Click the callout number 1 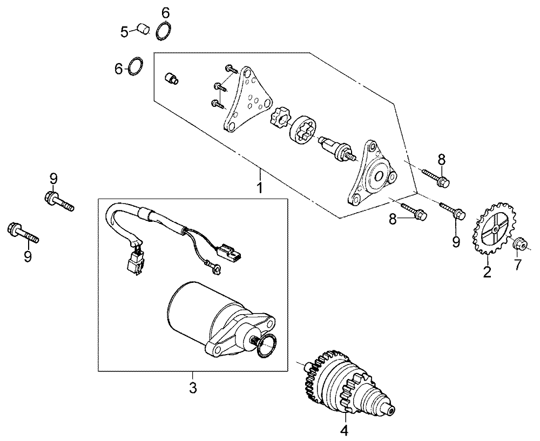260,188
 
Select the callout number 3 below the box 193,388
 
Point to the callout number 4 345,430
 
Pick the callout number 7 518,264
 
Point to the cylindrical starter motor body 193,307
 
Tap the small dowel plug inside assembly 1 172,78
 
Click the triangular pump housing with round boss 373,172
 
